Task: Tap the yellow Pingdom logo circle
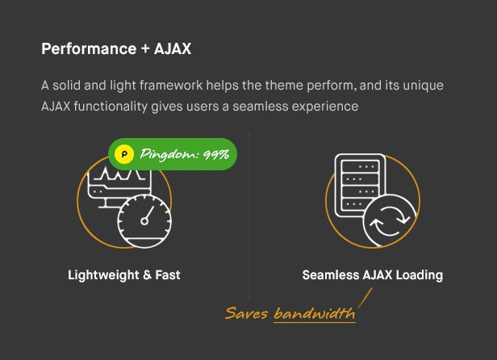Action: pos(123,154)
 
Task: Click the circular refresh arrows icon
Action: pos(388,220)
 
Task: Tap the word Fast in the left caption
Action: pos(167,275)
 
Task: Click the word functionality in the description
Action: pos(115,107)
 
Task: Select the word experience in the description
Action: pos(325,107)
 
